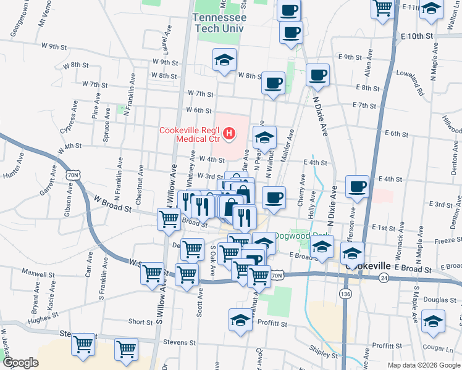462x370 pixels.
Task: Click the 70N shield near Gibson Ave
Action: coord(74,175)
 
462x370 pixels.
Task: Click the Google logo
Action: coord(20,363)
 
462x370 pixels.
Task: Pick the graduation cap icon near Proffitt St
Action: coord(241,320)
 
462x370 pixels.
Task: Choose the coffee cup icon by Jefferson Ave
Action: coord(358,186)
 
